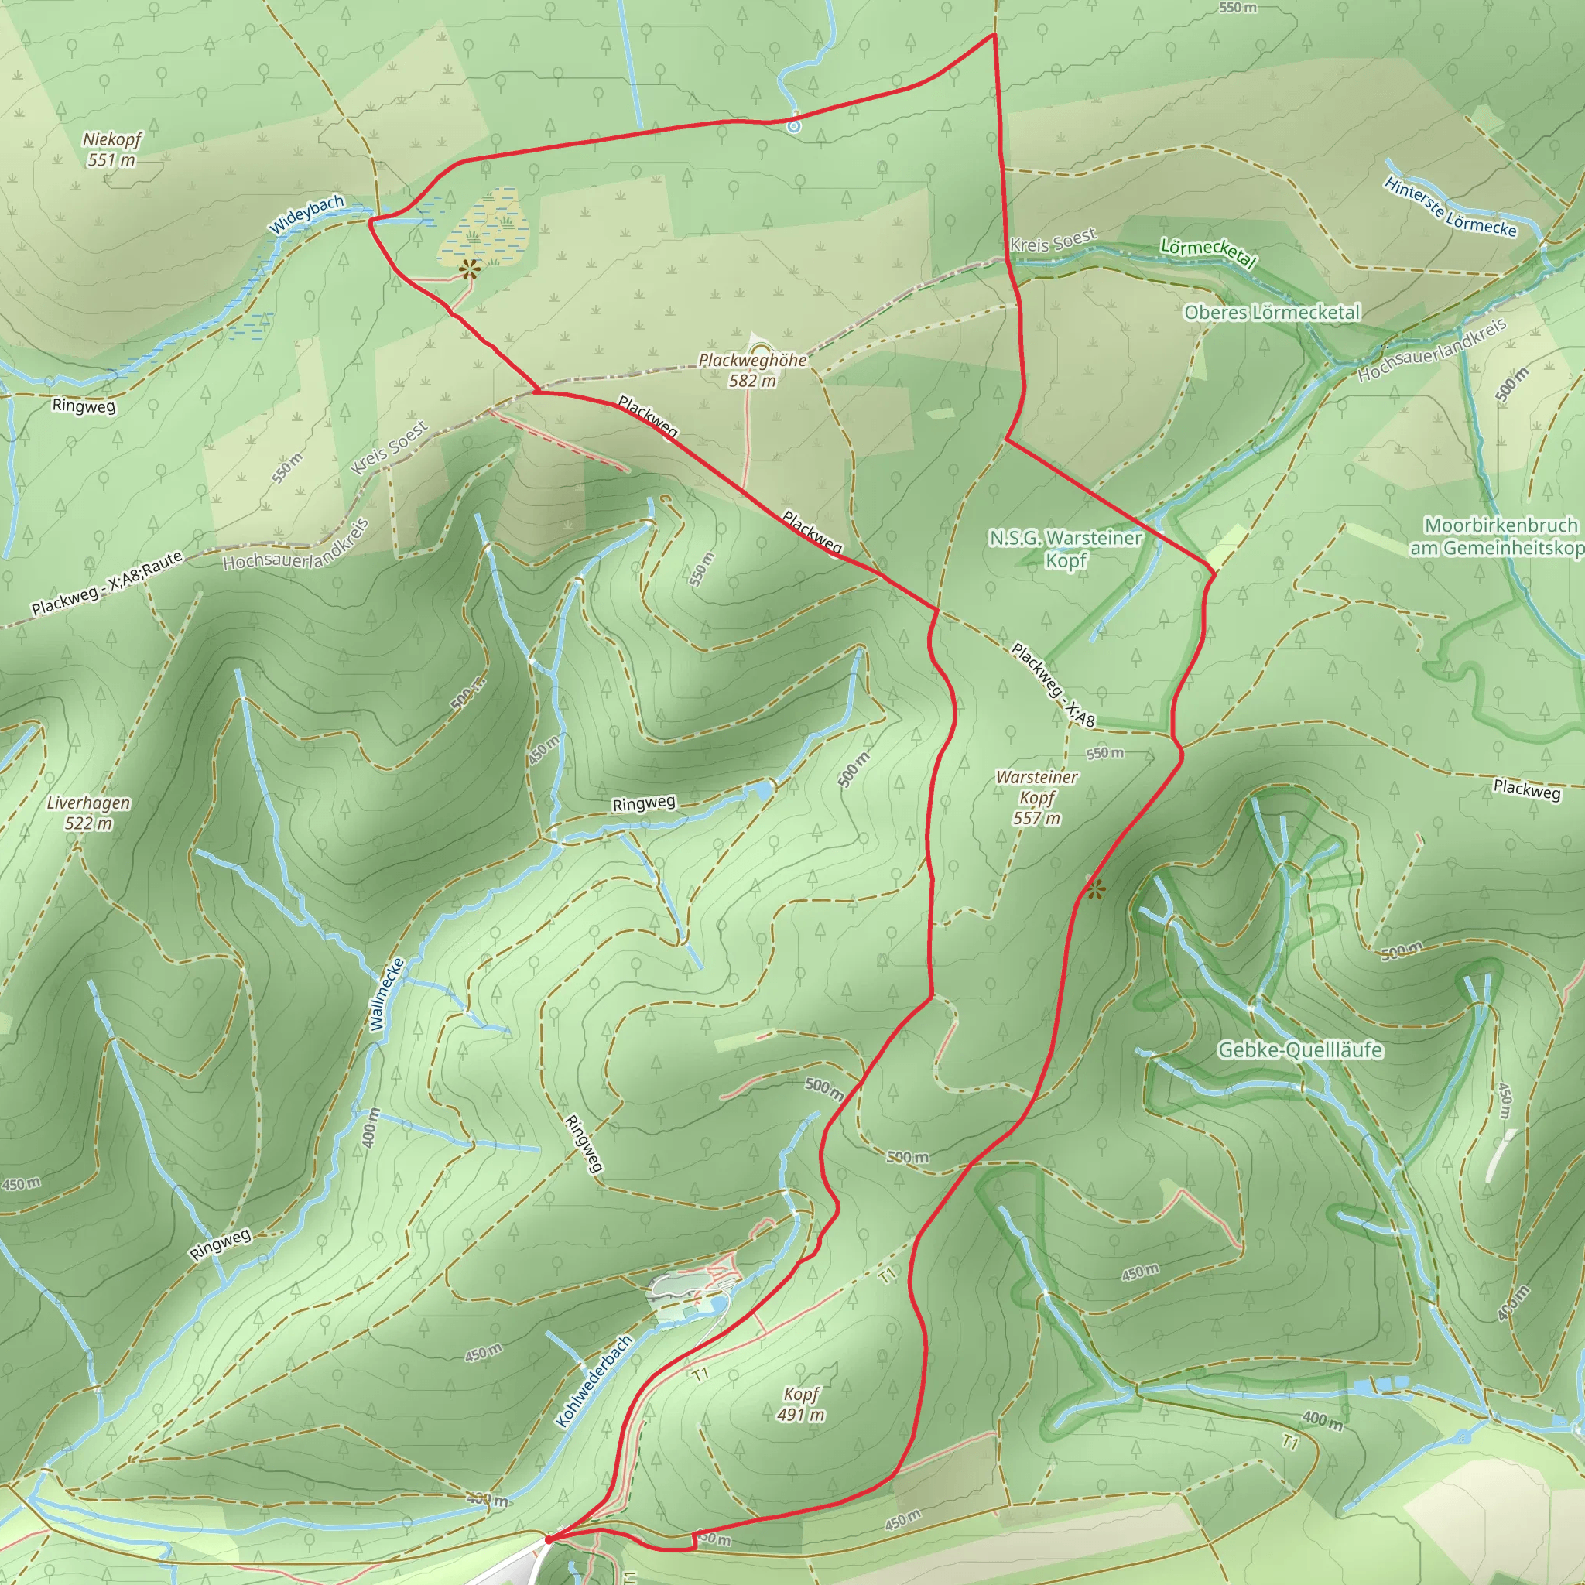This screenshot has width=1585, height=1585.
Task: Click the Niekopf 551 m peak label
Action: [111, 149]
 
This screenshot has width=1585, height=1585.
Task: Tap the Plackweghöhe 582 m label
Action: [752, 370]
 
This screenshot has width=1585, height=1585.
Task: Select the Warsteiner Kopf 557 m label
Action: [1037, 796]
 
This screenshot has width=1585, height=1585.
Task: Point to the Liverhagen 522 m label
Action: [87, 812]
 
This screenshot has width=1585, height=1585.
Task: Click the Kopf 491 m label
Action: [801, 1404]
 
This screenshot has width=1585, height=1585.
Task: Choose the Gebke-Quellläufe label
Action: [1299, 1050]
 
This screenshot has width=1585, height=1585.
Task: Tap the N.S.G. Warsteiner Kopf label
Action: [1065, 549]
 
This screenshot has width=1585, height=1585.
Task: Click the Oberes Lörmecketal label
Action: [1272, 313]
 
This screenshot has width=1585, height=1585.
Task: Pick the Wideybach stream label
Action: [306, 215]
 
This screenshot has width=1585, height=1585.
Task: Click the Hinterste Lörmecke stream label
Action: [1450, 207]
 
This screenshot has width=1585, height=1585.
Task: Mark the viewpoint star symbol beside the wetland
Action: [468, 269]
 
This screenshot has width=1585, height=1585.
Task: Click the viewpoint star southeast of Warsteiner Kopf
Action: [1096, 888]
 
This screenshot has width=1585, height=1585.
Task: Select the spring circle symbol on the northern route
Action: [793, 126]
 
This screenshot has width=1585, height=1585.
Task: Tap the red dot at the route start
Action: [548, 1540]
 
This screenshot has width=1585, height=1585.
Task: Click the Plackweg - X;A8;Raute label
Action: [107, 584]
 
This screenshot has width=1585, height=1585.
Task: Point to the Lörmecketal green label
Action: [1207, 252]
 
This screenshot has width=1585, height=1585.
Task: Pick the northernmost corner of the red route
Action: [994, 35]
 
